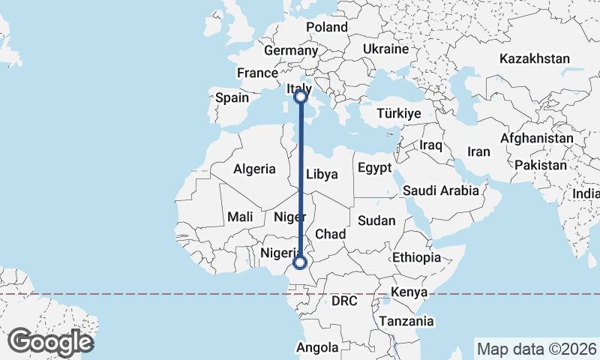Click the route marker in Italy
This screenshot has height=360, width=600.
(301, 96)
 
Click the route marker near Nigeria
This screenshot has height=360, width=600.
(300, 262)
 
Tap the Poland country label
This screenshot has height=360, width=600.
(327, 27)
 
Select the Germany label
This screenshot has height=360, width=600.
(291, 51)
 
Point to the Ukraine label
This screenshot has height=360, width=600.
(385, 49)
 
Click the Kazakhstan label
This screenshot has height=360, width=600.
(535, 58)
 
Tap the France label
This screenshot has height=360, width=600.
(257, 73)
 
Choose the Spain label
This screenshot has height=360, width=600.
(232, 97)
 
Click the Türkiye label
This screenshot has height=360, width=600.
(399, 113)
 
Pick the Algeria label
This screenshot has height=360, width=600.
(254, 169)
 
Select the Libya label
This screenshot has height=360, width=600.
(322, 174)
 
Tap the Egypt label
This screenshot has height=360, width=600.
(375, 167)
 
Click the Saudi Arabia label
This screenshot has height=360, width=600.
(441, 190)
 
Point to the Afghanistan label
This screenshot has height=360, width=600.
(536, 139)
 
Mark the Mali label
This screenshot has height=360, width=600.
(240, 217)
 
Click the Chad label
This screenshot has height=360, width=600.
(330, 234)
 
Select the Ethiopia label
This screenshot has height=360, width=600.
(416, 257)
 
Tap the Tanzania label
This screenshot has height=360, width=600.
(406, 321)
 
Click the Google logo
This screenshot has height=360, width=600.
(50, 342)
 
